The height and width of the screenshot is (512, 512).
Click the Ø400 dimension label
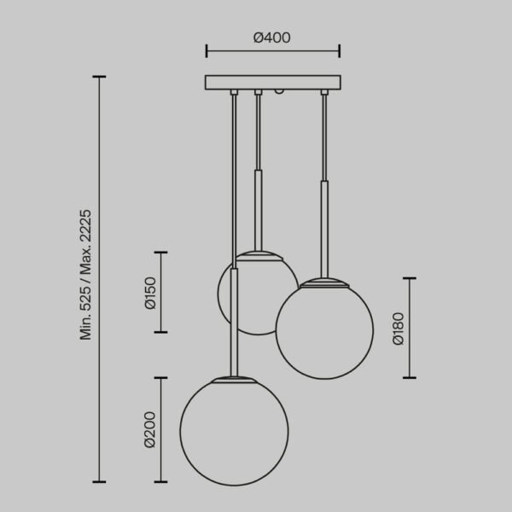[x=272, y=37]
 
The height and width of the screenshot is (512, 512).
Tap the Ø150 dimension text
[x=150, y=293]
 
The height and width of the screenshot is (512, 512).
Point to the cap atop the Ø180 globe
[x=323, y=281]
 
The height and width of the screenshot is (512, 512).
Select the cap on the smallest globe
[x=259, y=253]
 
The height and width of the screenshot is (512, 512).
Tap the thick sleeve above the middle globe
[x=258, y=209]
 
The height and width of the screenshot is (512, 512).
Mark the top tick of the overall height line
[x=101, y=77]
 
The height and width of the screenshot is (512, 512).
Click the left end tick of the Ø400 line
[x=207, y=51]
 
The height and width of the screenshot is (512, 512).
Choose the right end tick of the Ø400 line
[x=340, y=51]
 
